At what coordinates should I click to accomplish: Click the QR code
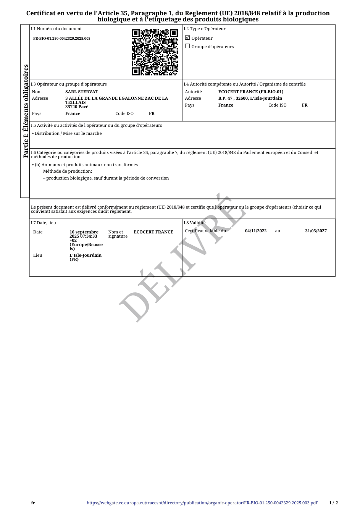coord(155,52)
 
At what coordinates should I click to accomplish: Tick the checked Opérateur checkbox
coord(187,38)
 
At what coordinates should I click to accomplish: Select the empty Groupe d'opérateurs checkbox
coord(187,46)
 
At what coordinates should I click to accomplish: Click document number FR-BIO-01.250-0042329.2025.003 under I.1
coord(62,39)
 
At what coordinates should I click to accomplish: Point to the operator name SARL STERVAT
coord(82,92)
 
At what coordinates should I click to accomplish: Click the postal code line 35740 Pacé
coord(77,107)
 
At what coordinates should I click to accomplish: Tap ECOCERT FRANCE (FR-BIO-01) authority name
coord(251,92)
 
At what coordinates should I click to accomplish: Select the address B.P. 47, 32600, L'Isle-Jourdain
coord(250,98)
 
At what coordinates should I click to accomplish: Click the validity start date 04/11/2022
coord(256,231)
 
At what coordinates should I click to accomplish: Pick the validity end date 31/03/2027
coord(316,231)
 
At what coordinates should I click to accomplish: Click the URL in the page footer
coord(202,503)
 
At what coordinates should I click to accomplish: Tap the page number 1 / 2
coord(333,503)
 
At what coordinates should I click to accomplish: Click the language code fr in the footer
coord(33,503)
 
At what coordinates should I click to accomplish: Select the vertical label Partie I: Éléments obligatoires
coord(26,111)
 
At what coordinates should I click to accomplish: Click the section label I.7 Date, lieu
coord(44,223)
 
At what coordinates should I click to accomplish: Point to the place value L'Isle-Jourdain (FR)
coord(86,257)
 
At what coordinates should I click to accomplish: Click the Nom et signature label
coord(118,234)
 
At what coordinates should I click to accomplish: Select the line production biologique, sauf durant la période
coord(107,178)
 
